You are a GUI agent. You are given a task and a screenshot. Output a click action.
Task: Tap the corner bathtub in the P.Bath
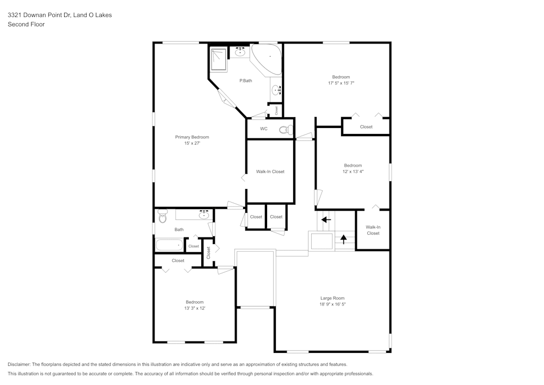267,58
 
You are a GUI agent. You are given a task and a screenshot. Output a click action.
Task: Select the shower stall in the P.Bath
219,59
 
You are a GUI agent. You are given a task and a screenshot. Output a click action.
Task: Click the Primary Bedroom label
192,137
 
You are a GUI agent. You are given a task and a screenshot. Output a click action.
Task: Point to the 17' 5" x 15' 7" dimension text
341,83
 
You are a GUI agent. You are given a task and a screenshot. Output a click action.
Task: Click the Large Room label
332,298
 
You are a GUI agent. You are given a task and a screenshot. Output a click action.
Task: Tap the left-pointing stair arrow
326,220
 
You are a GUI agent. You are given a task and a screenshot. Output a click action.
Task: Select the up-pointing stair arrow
343,239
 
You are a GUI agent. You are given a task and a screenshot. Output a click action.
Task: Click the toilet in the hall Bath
162,216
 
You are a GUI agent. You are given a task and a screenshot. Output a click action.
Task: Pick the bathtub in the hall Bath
169,245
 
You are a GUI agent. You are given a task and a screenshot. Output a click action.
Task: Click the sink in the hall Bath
204,215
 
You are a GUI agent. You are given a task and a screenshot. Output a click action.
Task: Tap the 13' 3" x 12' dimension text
195,308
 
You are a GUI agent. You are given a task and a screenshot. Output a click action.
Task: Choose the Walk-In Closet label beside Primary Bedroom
270,172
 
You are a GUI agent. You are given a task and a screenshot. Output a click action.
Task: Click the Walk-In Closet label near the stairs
373,230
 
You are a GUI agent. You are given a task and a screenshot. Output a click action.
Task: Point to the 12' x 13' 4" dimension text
353,171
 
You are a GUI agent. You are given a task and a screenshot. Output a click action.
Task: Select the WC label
264,129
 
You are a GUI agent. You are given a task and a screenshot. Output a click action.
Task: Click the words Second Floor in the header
26,25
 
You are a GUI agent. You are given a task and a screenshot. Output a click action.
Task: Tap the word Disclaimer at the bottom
19,364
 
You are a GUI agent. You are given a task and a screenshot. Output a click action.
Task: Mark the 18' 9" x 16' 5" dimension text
332,304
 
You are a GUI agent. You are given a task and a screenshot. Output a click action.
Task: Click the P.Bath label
246,81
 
